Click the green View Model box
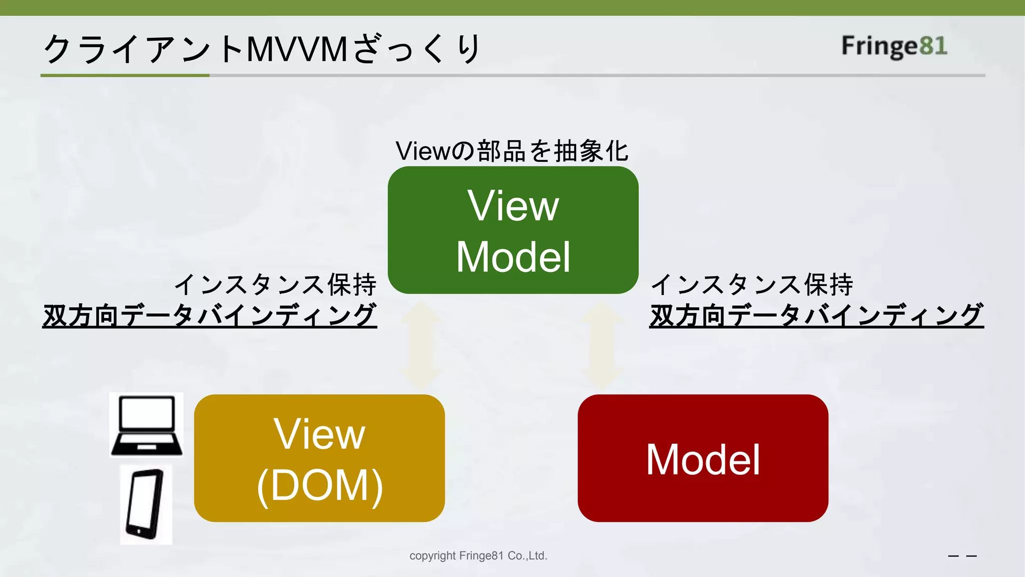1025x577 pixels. point(513,230)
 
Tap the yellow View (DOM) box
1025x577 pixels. point(319,458)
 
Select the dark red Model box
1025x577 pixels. point(703,458)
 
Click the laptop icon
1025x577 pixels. point(147,425)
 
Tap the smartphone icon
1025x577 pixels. point(146,504)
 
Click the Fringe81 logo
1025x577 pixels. point(894,46)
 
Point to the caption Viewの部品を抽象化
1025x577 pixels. point(511,151)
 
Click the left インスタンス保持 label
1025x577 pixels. point(275,284)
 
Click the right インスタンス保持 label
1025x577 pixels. point(752,284)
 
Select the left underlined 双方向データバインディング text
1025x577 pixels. point(210,315)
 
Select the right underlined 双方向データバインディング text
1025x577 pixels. point(816,315)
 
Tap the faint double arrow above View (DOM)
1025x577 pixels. point(421,346)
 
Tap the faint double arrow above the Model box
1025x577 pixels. point(602,346)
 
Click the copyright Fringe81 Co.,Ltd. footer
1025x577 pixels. point(478,555)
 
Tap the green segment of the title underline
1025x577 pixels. point(125,76)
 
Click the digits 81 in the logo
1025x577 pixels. point(933,46)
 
